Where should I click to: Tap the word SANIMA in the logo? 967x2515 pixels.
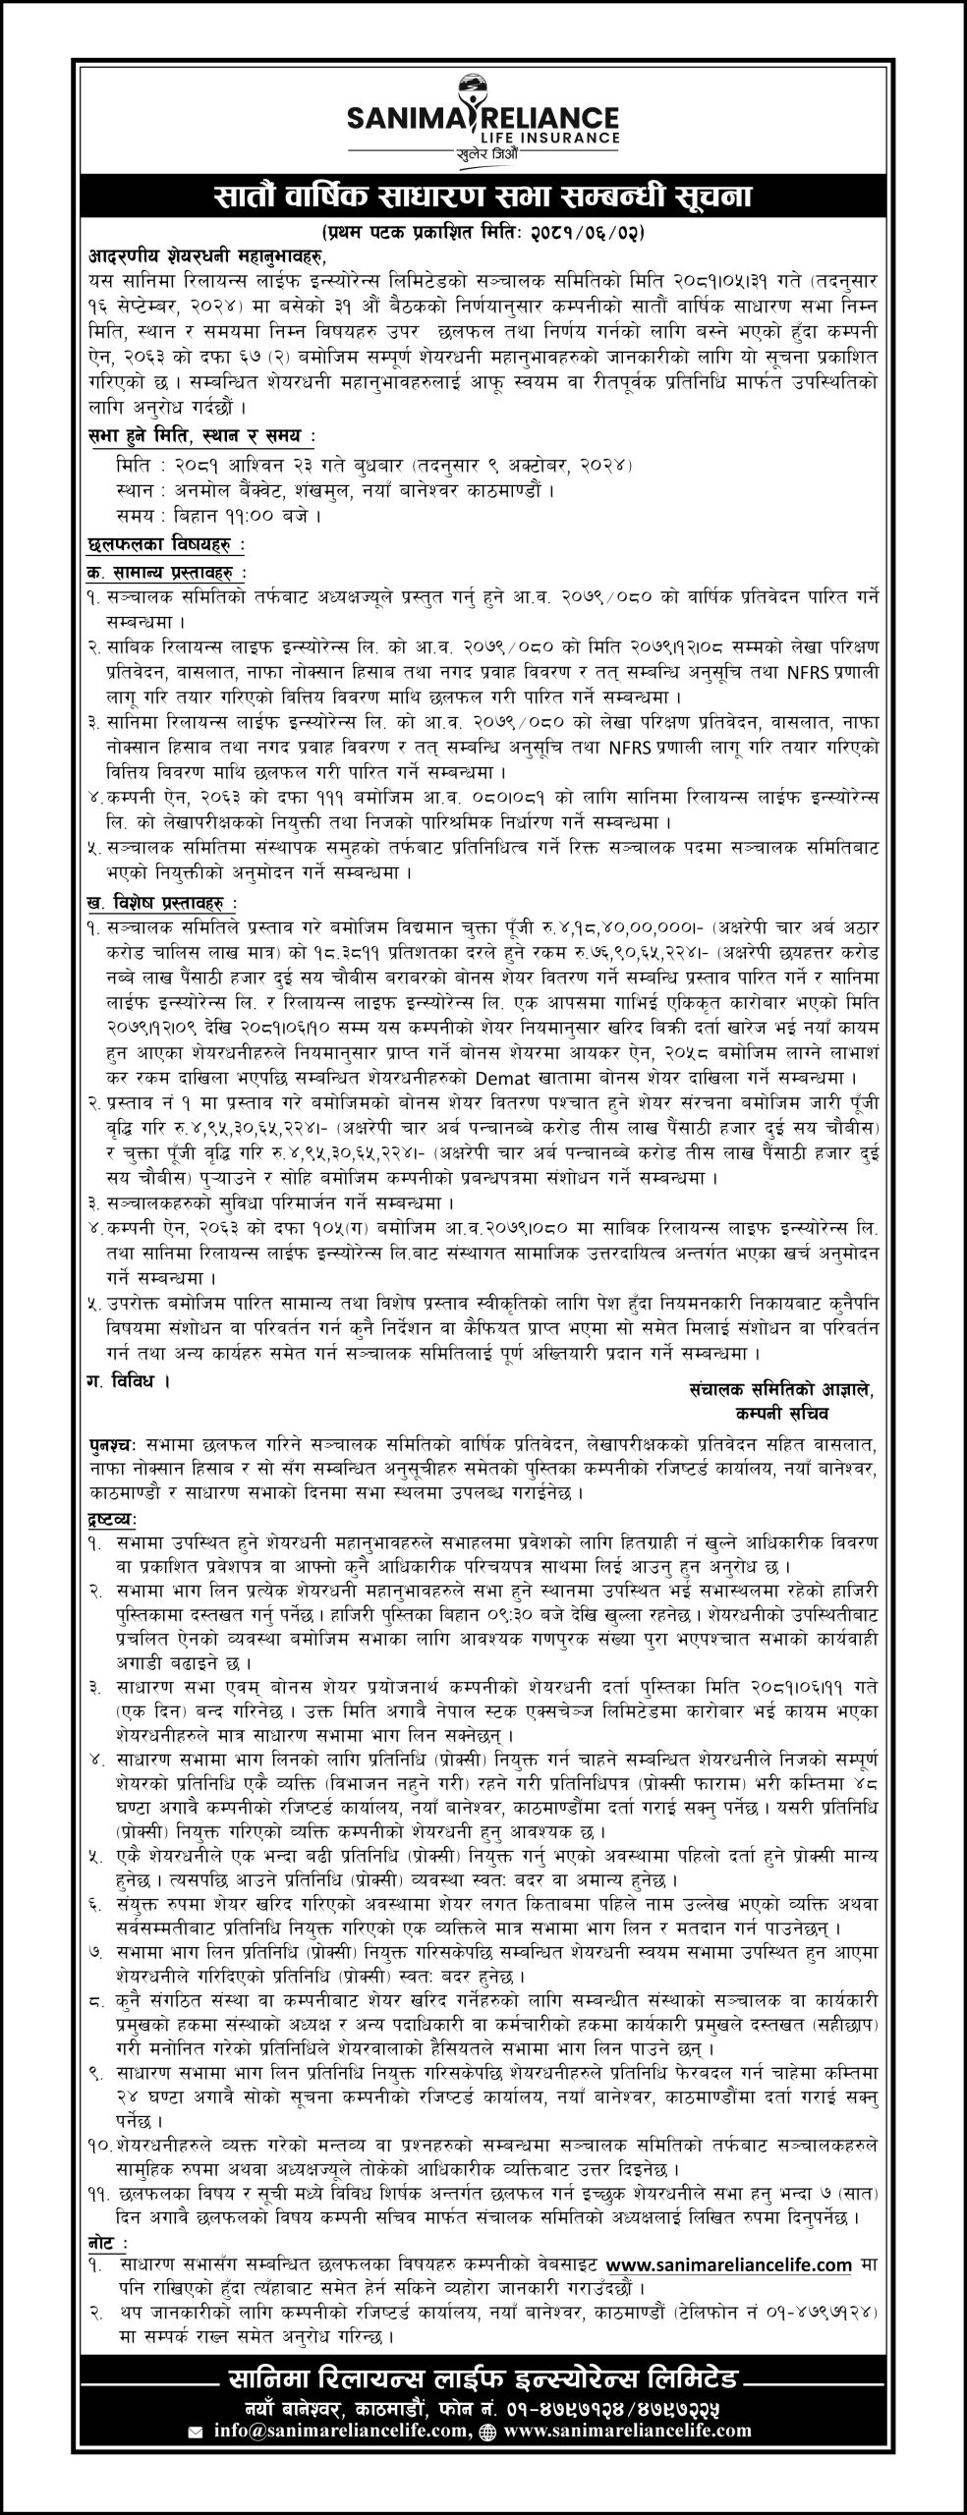click(406, 119)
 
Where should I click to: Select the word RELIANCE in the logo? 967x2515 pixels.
click(558, 119)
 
